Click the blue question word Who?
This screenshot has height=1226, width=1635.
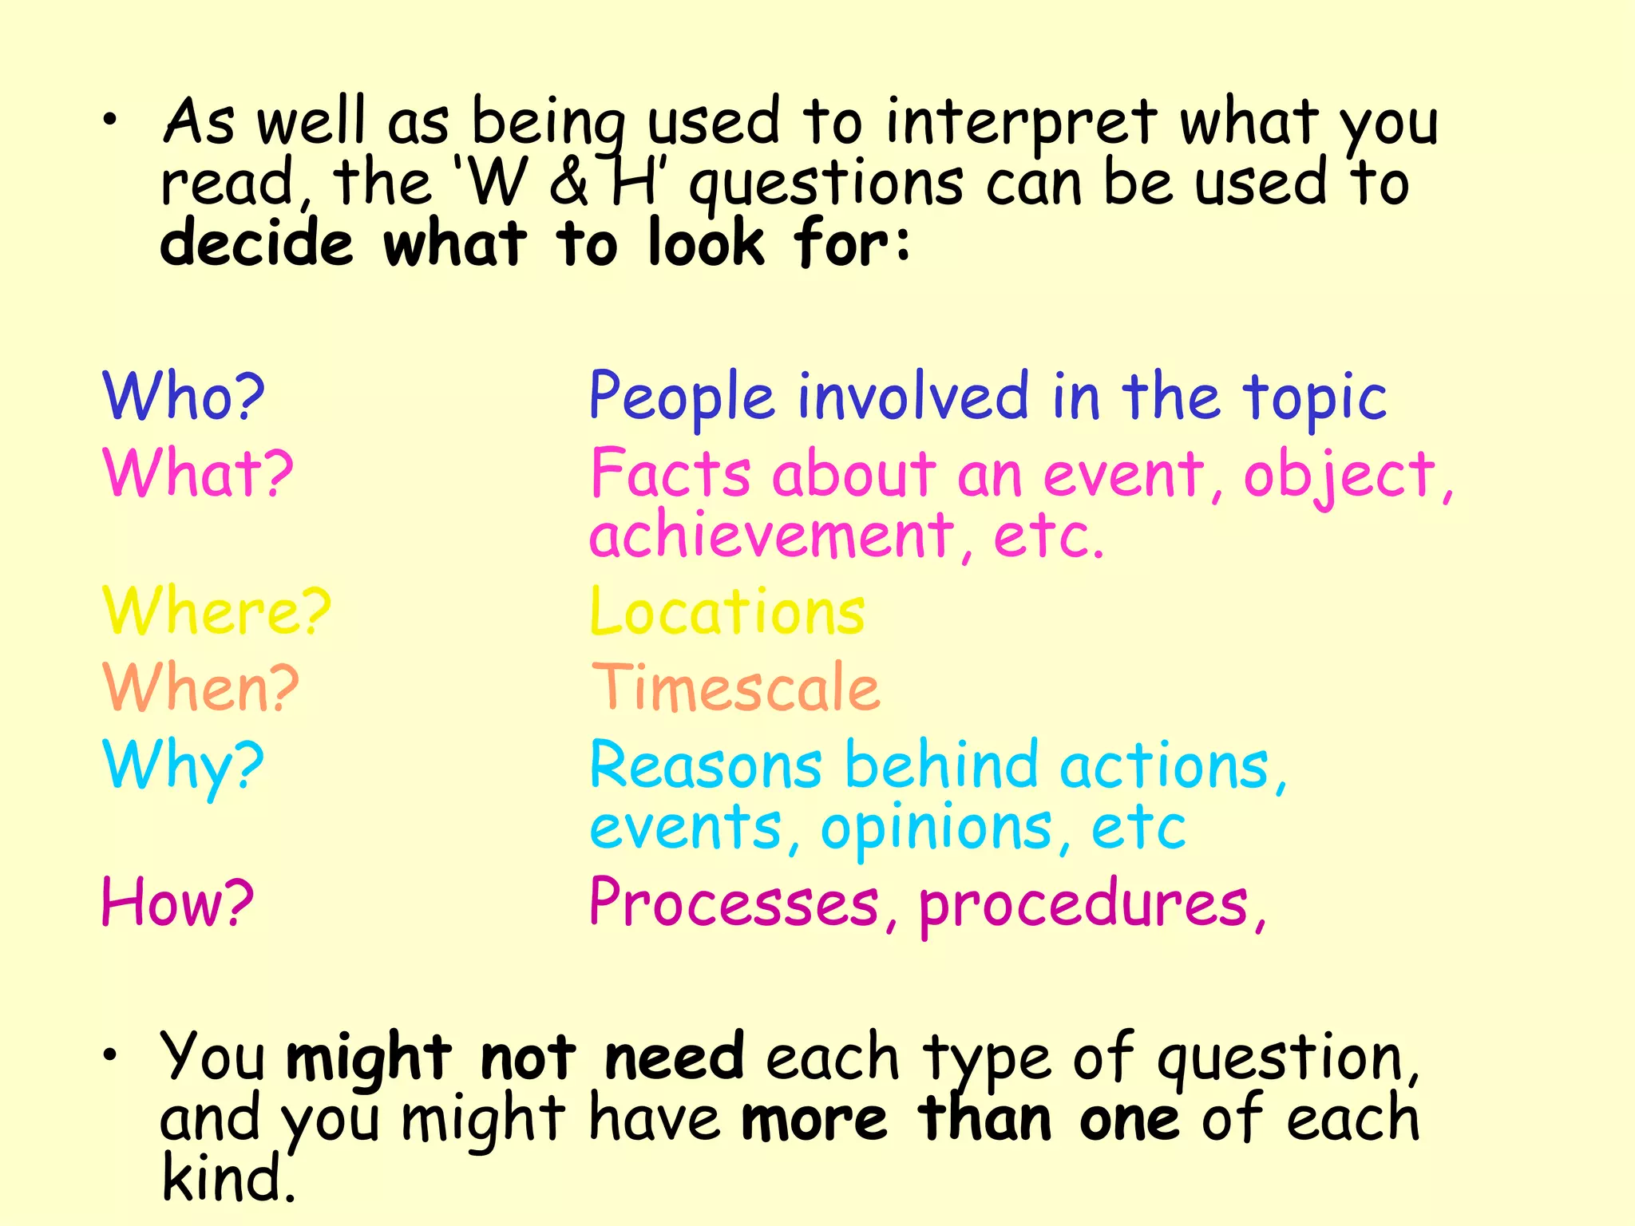184,396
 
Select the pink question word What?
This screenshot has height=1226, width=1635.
198,473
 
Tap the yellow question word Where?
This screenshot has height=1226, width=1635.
216,611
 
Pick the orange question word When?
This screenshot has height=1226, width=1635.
200,687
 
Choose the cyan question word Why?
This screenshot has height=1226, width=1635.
183,765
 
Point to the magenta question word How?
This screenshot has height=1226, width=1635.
177,903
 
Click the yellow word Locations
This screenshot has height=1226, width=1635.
727,611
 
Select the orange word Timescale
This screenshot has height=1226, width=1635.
735,687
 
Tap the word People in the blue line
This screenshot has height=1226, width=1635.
682,397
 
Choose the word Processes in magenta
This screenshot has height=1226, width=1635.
734,903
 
